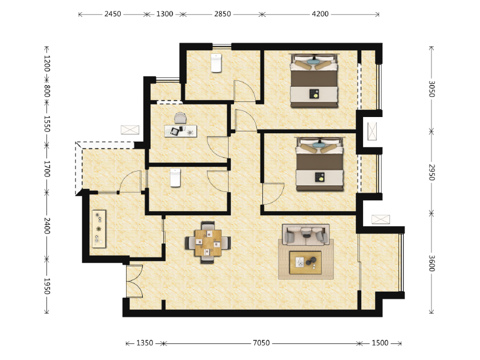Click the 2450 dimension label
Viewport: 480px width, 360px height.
[x=113, y=14]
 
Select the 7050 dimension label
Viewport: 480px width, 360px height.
[x=261, y=343]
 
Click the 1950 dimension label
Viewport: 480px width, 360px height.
[x=46, y=286]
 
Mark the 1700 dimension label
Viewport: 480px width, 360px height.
[x=46, y=169]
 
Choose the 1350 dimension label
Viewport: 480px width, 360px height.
[x=145, y=343]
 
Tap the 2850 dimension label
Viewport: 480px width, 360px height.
[x=223, y=14]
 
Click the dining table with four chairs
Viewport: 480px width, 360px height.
[x=208, y=242]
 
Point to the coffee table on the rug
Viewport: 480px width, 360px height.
[x=305, y=262]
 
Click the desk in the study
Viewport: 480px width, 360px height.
[x=180, y=130]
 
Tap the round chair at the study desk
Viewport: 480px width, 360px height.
[x=180, y=118]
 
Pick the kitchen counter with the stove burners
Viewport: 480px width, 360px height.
[x=98, y=228]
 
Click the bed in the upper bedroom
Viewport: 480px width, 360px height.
[x=314, y=81]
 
